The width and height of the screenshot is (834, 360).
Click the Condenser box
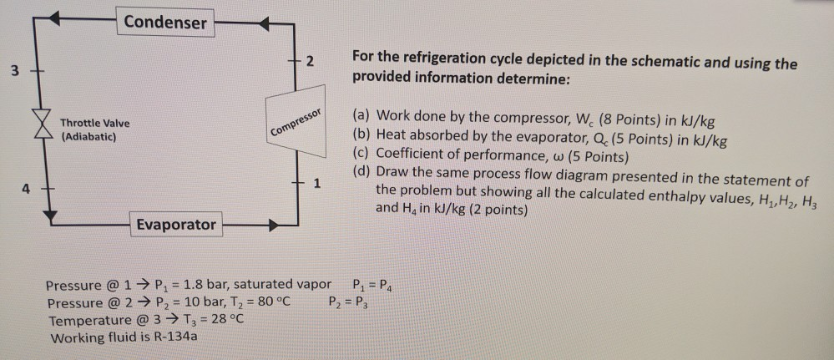click(x=165, y=23)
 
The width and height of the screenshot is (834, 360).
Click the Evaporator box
click(x=176, y=224)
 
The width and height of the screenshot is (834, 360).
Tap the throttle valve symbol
click(x=35, y=128)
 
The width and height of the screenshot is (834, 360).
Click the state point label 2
click(x=311, y=62)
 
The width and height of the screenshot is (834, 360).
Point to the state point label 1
click(x=316, y=183)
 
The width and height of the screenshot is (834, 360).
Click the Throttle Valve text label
click(x=94, y=123)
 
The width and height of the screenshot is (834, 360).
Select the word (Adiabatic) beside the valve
click(x=88, y=135)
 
